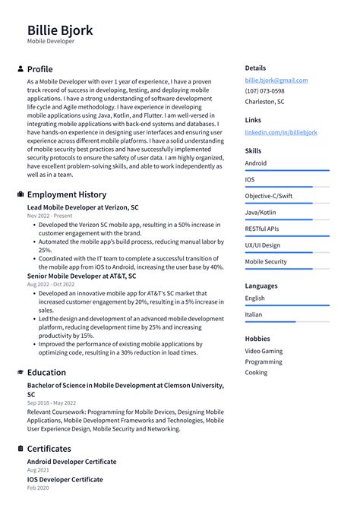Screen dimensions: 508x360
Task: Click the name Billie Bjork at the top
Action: coord(60,30)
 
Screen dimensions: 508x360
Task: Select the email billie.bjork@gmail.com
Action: coord(276,80)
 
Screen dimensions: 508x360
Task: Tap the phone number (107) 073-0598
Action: coord(265,90)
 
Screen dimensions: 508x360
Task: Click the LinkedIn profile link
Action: coord(281,132)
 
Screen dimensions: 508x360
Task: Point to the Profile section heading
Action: coord(39,69)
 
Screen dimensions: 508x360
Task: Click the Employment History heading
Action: coord(66,194)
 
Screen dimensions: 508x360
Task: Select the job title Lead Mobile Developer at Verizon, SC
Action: coord(83,207)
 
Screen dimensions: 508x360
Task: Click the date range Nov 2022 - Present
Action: coord(50,216)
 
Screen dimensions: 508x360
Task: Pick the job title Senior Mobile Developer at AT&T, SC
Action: coord(81,276)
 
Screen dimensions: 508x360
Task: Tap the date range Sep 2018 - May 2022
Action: coord(52,403)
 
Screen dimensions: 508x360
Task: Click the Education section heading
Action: coord(46,373)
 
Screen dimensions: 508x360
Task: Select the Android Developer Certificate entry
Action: coord(71,462)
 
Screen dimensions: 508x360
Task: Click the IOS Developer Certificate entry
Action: coord(65,480)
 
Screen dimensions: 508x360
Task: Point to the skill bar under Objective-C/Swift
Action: coord(286,204)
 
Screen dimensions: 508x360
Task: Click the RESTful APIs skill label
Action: coord(261,229)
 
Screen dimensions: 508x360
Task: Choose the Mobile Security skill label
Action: coord(266,262)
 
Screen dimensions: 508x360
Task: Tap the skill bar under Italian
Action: coord(286,322)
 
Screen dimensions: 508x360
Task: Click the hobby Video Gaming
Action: coord(263,351)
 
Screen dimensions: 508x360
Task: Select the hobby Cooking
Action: coord(256,373)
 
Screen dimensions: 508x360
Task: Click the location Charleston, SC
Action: coord(264,102)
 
